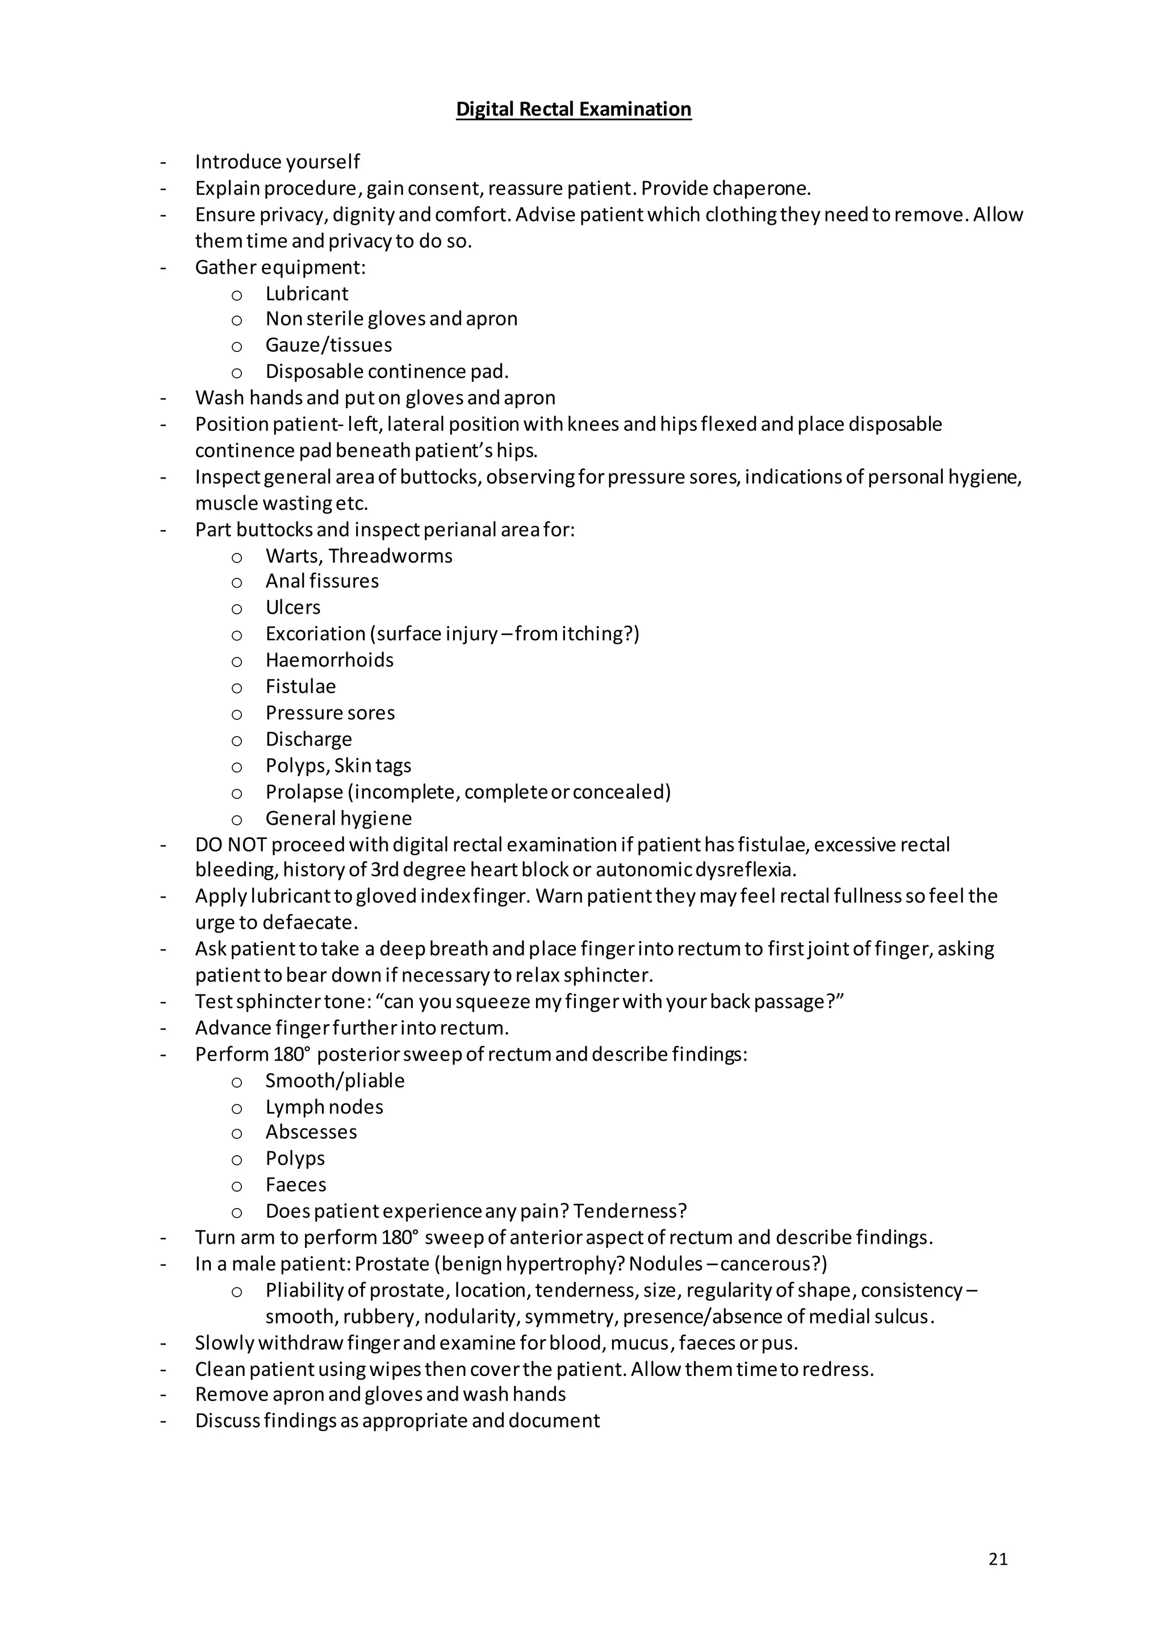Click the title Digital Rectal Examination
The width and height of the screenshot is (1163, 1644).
(x=574, y=109)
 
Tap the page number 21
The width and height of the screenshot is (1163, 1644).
(x=998, y=1559)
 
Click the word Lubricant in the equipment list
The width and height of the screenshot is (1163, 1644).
(x=307, y=293)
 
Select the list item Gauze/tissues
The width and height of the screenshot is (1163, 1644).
(x=329, y=345)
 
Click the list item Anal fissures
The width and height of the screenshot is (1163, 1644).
(x=322, y=581)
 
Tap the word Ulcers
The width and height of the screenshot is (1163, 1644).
(x=293, y=607)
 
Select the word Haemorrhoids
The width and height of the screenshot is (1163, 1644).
(x=329, y=660)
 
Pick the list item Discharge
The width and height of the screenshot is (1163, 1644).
(x=309, y=739)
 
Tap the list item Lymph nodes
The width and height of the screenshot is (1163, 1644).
(x=324, y=1107)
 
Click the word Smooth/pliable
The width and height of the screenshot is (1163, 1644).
(x=335, y=1080)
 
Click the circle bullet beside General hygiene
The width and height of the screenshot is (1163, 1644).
(x=237, y=819)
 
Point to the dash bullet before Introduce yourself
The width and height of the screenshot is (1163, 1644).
(x=164, y=162)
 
